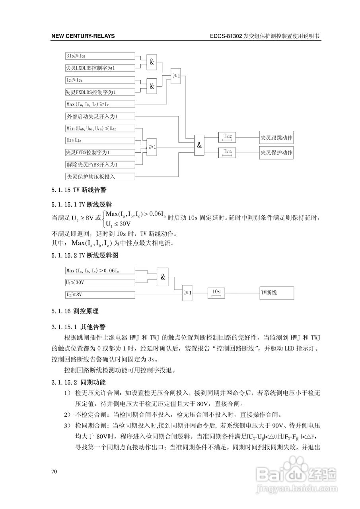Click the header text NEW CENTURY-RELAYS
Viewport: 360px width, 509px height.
pyautogui.click(x=83, y=36)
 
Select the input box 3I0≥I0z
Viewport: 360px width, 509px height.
pyautogui.click(x=100, y=56)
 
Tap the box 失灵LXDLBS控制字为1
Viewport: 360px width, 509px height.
pyautogui.click(x=100, y=68)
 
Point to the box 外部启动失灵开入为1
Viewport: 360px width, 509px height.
pyautogui.click(x=100, y=117)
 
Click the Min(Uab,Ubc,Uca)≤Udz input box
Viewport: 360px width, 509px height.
pyautogui.click(x=100, y=128)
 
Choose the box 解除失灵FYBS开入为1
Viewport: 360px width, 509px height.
pyautogui.click(x=100, y=164)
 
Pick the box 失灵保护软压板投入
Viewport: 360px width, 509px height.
pyautogui.click(x=100, y=176)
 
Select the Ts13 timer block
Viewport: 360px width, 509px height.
pyautogui.click(x=228, y=152)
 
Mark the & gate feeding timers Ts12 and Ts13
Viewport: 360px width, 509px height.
pyautogui.click(x=199, y=145)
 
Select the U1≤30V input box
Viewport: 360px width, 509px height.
pyautogui.click(x=100, y=283)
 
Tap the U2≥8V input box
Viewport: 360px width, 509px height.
pyautogui.click(x=100, y=295)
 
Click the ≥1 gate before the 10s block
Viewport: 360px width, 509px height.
pyautogui.click(x=188, y=293)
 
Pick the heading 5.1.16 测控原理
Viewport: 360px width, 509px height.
pyautogui.click(x=75, y=311)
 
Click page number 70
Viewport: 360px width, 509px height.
pyautogui.click(x=54, y=472)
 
